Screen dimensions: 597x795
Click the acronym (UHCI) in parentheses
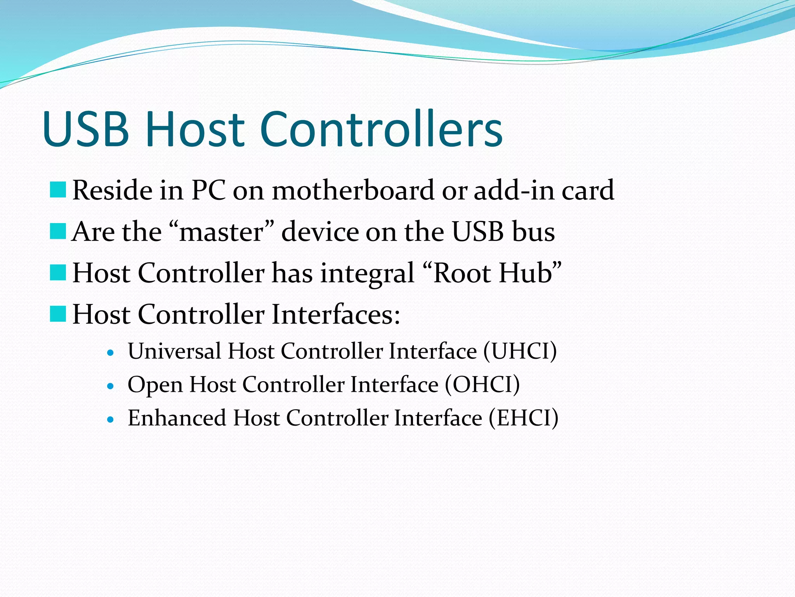coord(520,351)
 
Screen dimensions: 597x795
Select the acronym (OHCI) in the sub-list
coord(482,385)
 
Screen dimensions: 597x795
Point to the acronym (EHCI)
coord(523,418)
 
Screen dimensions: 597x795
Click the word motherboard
coord(353,190)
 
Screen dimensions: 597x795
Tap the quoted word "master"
coord(222,232)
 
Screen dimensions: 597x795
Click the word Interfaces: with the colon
coord(336,314)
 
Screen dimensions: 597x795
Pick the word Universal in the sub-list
coord(174,351)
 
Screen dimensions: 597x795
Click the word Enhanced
coord(177,418)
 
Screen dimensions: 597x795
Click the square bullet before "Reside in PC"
coord(58,190)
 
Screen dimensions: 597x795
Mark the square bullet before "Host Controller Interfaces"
coord(58,314)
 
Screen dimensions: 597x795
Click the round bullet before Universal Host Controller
coord(111,353)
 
